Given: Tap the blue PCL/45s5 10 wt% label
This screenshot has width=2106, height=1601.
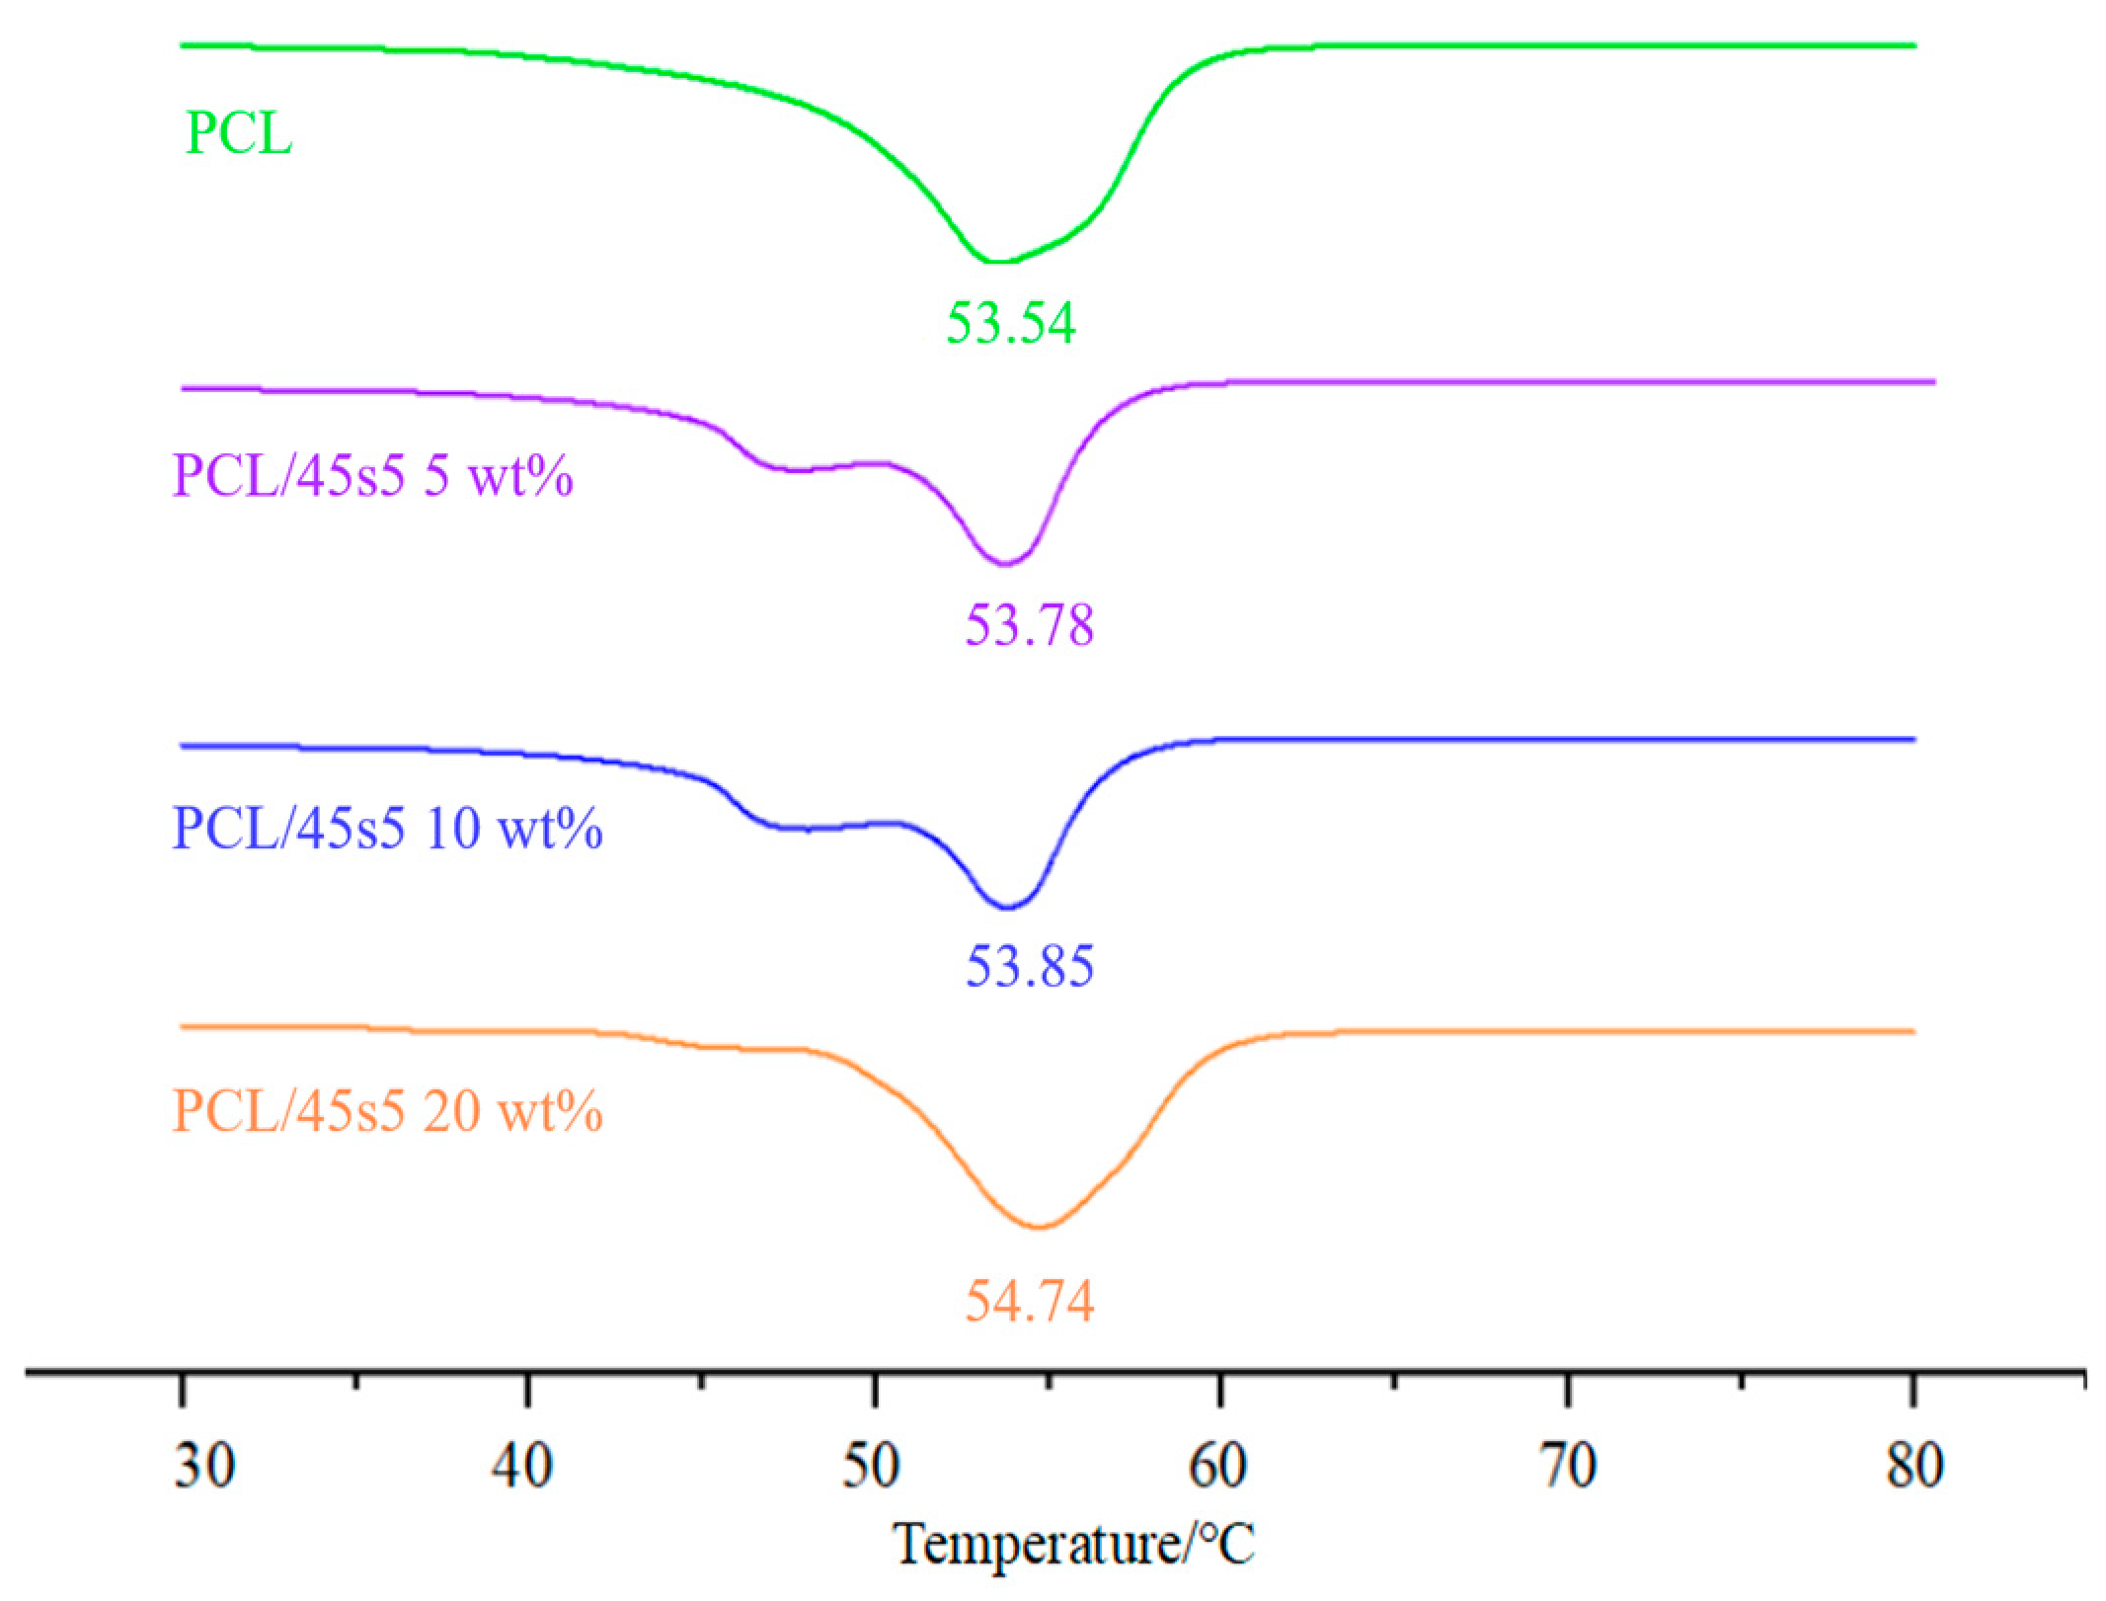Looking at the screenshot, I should (387, 828).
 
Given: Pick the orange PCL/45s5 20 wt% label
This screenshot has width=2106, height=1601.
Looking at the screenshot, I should (387, 1111).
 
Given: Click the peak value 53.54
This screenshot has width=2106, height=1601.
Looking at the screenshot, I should (1010, 323).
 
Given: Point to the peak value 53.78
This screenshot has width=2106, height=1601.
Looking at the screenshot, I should (1029, 625).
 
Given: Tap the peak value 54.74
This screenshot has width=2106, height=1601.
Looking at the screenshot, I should (1029, 1301).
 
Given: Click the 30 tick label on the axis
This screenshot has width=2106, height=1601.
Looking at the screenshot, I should (204, 1466).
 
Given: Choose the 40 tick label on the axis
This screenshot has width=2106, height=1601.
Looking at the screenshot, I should (522, 1466).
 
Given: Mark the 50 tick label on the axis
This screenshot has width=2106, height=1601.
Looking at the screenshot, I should (870, 1466).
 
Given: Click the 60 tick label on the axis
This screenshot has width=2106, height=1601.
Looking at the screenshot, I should (1217, 1466).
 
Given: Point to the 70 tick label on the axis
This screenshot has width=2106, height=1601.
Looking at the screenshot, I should (1568, 1466).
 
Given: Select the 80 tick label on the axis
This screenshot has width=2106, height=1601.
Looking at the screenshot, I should (1914, 1466).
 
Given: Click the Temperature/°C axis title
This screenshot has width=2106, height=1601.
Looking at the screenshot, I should (1073, 1544).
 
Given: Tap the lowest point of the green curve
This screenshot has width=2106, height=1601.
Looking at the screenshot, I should (997, 262).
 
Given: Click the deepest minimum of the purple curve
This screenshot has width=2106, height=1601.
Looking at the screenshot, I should (1005, 564).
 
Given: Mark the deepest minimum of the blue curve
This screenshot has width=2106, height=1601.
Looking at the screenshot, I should (1007, 907).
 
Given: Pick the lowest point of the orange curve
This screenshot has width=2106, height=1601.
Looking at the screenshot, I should (1040, 1227).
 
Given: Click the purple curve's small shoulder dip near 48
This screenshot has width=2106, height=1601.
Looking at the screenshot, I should (796, 471).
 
